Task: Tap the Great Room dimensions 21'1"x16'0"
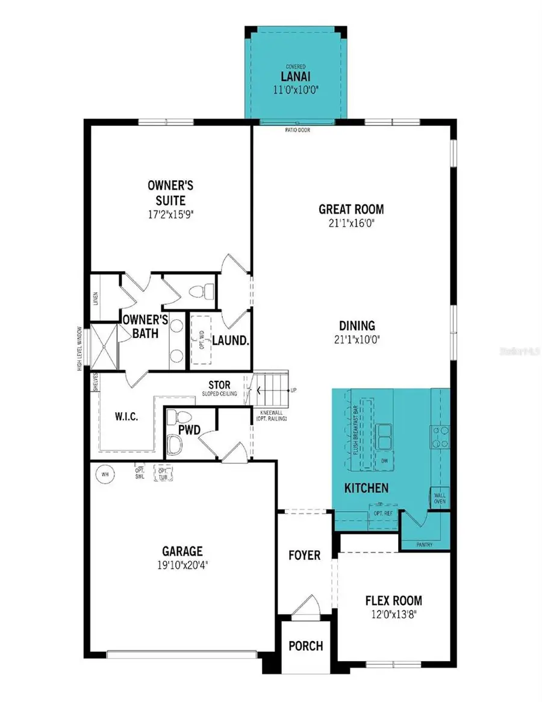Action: click(x=351, y=222)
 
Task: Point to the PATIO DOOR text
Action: click(x=297, y=130)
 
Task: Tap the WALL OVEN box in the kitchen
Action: click(x=440, y=498)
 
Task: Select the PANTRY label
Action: click(x=425, y=545)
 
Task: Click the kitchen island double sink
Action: click(x=384, y=436)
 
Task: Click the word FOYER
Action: click(x=304, y=555)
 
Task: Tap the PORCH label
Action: click(x=305, y=646)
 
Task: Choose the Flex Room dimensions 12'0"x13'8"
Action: click(x=393, y=614)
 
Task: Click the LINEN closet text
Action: click(x=96, y=299)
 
